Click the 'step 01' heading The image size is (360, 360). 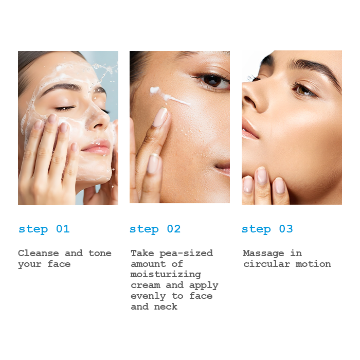tap(44, 229)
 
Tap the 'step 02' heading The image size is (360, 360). tap(155, 229)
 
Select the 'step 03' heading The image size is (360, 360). tap(267, 229)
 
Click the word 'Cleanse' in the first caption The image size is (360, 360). tap(39, 253)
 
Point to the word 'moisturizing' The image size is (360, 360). tap(166, 275)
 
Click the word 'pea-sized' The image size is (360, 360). tap(186, 254)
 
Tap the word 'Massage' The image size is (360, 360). tap(263, 254)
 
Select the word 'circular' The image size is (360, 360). tap(266, 264)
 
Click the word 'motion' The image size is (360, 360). tap(313, 264)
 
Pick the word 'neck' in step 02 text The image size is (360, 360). tap(166, 307)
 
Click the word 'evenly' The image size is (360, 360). tap(148, 296)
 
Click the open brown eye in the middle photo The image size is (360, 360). tap(212, 81)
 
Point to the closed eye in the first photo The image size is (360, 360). tap(65, 108)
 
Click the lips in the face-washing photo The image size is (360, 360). tap(97, 147)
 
